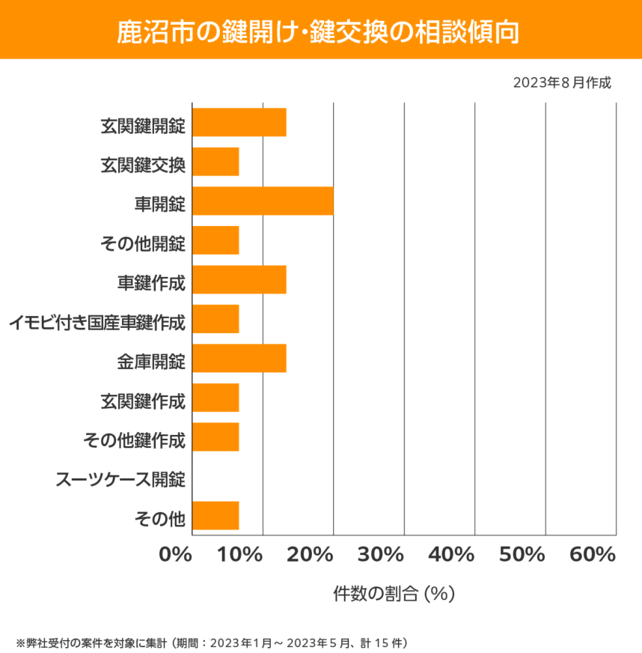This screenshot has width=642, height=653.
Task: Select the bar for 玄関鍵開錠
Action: (239, 122)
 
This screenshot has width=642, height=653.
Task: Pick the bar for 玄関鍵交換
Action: (215, 162)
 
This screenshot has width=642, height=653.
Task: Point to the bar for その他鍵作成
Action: (215, 437)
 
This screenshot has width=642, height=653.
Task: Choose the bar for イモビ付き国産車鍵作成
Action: (215, 319)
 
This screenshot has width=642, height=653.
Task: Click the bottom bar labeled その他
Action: (215, 515)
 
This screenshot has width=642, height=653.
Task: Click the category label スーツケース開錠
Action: (120, 479)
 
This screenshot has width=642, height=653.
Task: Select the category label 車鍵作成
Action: (150, 282)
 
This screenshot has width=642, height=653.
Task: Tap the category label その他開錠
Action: (141, 243)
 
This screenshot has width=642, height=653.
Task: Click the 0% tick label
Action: (177, 555)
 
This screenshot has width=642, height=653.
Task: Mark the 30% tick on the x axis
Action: (382, 555)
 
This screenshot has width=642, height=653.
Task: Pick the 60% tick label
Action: (593, 555)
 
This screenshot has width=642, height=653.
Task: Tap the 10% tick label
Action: (241, 555)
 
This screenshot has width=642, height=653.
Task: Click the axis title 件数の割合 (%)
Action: (394, 594)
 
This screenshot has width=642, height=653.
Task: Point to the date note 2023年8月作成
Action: (562, 83)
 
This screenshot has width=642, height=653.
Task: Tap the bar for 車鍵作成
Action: (239, 279)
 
